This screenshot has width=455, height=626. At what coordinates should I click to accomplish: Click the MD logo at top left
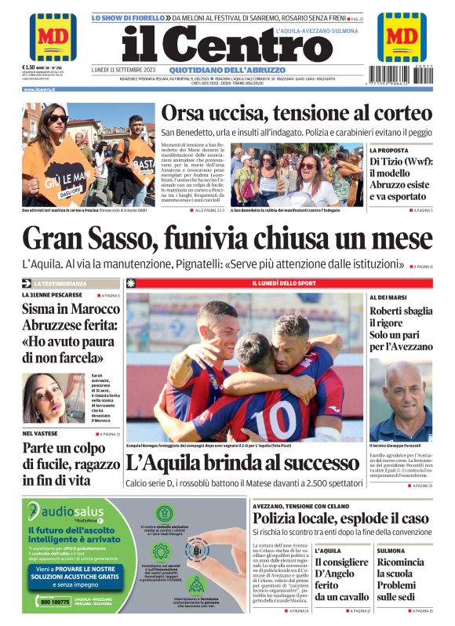53,37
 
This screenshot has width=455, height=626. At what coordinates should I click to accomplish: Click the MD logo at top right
402,37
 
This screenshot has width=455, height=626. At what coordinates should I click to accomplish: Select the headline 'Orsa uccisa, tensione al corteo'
296,112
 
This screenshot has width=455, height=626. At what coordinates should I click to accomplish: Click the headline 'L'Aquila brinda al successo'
241,462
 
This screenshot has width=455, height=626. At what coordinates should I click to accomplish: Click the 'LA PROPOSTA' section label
389,150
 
